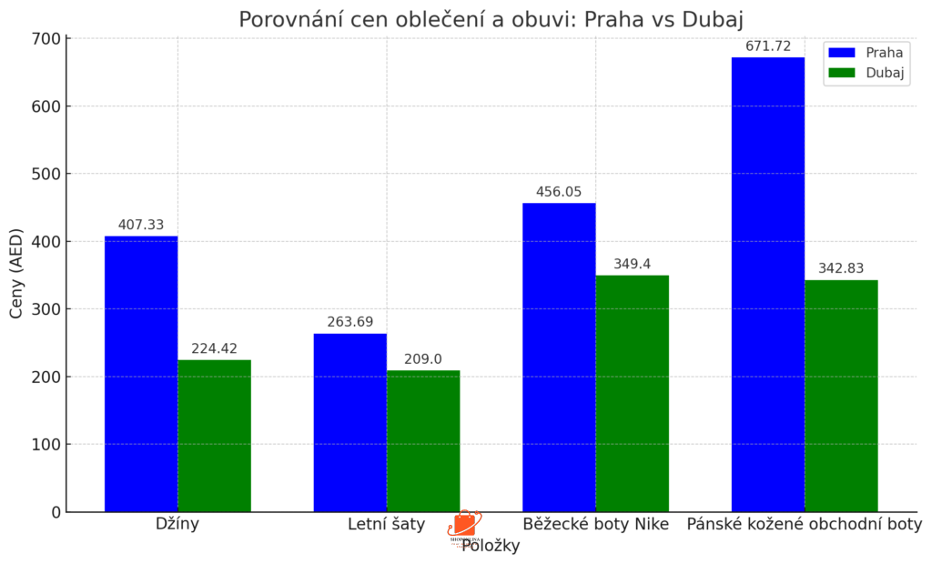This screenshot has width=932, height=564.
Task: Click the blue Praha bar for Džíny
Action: (x=141, y=374)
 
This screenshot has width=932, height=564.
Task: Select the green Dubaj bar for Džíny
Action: (x=214, y=436)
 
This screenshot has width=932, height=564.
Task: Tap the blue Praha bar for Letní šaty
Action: (x=350, y=423)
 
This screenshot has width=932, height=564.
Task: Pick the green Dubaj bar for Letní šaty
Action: (x=423, y=441)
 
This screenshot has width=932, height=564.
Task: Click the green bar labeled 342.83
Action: (x=841, y=396)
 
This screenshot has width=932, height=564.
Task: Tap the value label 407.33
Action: (x=141, y=225)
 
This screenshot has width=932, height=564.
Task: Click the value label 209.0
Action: (x=423, y=359)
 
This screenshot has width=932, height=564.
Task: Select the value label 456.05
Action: (x=559, y=192)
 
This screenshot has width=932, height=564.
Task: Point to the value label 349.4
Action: (x=632, y=264)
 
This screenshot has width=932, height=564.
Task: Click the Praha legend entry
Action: (x=865, y=53)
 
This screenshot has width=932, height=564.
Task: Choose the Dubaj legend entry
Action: (x=865, y=73)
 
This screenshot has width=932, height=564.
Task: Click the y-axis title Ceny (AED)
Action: (x=16, y=273)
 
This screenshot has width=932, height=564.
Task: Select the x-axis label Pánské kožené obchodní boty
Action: (x=804, y=525)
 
